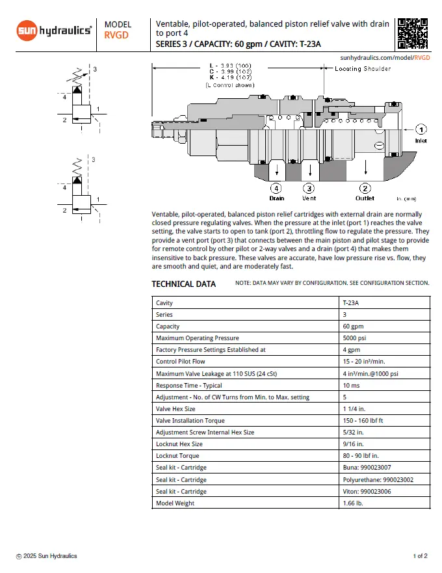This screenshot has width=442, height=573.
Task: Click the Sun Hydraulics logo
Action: (54, 30)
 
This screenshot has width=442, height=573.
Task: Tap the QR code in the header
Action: (413, 33)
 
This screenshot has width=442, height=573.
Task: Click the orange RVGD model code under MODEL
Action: (116, 36)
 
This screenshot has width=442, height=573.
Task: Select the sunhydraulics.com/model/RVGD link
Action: (385, 57)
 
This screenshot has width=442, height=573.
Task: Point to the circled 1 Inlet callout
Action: (421, 129)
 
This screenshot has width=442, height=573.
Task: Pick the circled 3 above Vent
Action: (309, 188)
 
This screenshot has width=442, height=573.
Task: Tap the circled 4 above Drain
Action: (276, 188)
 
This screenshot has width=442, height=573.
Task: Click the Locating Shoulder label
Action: (363, 69)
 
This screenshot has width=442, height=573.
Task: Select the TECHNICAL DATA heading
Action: (183, 284)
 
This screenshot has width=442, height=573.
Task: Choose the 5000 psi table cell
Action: (356, 338)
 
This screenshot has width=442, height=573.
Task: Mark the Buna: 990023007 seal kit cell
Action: (368, 468)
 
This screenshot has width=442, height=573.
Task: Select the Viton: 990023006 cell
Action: (368, 491)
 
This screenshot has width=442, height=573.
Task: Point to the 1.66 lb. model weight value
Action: (353, 503)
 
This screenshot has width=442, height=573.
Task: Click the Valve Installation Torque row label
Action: (191, 421)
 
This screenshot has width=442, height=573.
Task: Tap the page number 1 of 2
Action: (420, 556)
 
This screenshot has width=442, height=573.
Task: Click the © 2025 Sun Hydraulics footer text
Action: (47, 556)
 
